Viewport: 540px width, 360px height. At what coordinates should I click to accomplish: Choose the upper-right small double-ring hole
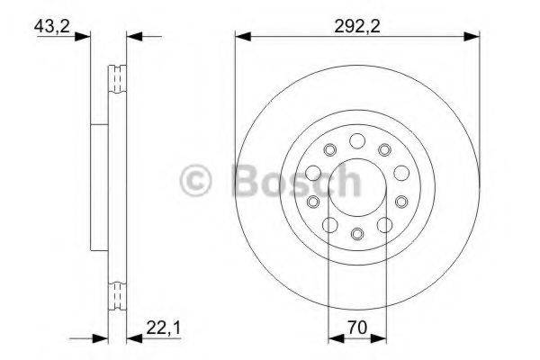[x=384, y=149]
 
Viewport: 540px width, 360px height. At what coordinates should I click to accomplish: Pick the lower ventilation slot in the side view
[x=117, y=294]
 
